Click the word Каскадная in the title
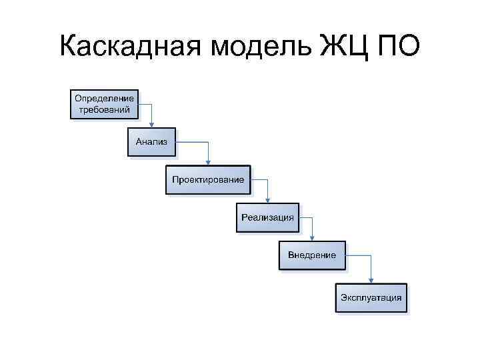click(x=132, y=46)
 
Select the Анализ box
click(x=151, y=142)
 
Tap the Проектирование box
click(x=208, y=179)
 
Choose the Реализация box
click(x=267, y=217)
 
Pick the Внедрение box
click(x=312, y=255)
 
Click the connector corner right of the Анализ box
click(x=209, y=142)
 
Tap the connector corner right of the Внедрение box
click(x=372, y=255)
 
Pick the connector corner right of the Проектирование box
click(x=268, y=179)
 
